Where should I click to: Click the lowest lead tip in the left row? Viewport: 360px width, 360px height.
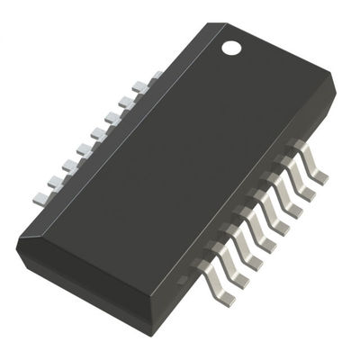tap(40, 196)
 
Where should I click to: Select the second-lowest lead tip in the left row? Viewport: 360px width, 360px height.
tap(54, 181)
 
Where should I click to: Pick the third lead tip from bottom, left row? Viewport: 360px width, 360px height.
tap(68, 166)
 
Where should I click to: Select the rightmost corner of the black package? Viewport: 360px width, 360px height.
tap(336, 90)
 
